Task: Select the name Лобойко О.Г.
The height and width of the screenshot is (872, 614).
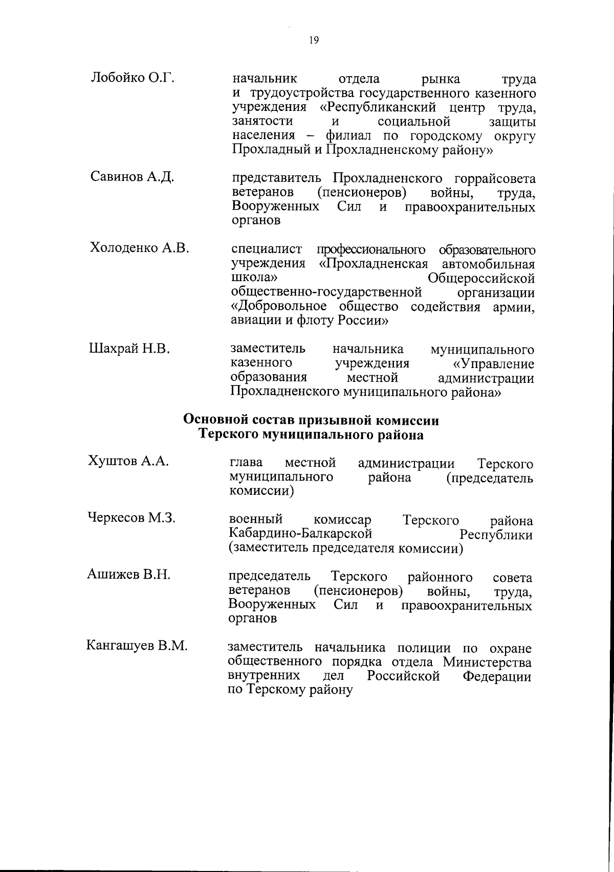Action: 133,78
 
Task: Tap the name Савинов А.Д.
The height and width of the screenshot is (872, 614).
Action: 133,177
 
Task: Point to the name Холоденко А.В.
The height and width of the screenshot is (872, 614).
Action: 140,248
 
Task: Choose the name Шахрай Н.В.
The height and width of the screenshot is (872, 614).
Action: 130,349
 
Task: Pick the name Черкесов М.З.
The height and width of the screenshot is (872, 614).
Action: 131,518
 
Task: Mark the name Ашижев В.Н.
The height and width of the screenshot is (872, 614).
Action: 128,575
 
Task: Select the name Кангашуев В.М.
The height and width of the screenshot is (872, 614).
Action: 137,646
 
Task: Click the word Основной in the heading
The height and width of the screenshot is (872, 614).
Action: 215,420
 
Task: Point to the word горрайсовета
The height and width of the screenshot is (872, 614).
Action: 495,178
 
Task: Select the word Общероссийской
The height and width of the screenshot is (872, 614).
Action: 481,279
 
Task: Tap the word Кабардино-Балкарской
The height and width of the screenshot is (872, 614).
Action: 300,535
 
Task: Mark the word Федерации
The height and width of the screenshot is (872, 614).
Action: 497,677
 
